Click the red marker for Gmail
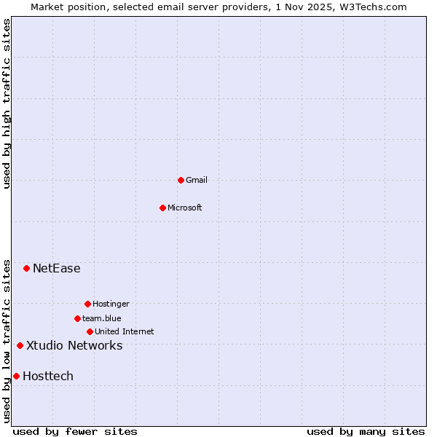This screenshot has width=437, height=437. pos(181,180)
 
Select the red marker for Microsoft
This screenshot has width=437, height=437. pos(163,208)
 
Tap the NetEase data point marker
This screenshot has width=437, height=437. pos(27,268)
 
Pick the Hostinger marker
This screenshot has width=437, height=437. pos(87,304)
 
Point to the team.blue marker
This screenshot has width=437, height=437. pos(77,318)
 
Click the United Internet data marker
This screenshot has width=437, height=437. pos(90,331)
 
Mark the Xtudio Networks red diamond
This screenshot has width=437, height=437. pos(20,345)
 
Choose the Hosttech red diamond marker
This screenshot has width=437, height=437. pos(16,376)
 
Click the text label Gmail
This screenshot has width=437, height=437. pos(197,180)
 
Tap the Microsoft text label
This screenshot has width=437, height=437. pos(185,208)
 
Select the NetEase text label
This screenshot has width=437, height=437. pos(57,268)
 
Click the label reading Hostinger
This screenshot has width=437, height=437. pos(111,304)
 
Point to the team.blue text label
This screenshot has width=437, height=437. pos(102,318)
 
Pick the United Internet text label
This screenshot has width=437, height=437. pos(125,331)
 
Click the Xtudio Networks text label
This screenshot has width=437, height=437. pos(74,345)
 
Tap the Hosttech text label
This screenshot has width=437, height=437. pos(48,376)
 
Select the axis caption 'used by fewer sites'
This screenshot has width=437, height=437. pos(75,431)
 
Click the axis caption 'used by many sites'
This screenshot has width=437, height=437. pos(366,431)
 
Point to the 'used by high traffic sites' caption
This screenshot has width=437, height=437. pos(7,103)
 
